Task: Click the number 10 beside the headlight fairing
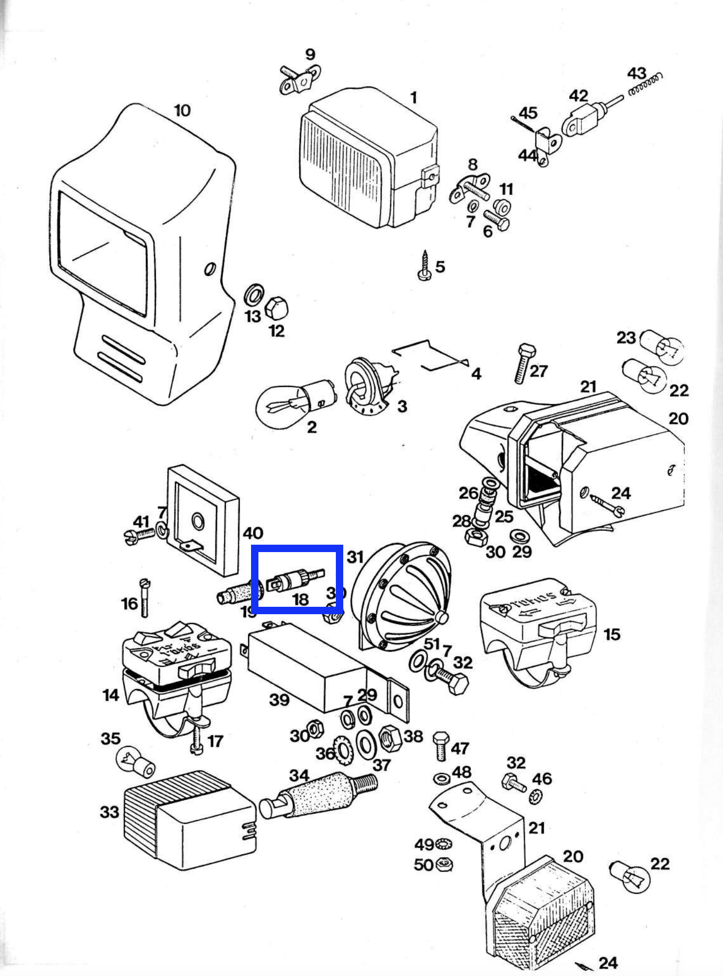(182, 110)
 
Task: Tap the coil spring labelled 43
(647, 84)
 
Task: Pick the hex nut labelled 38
(391, 739)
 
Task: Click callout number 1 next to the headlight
(413, 97)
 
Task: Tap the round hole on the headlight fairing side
(210, 269)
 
